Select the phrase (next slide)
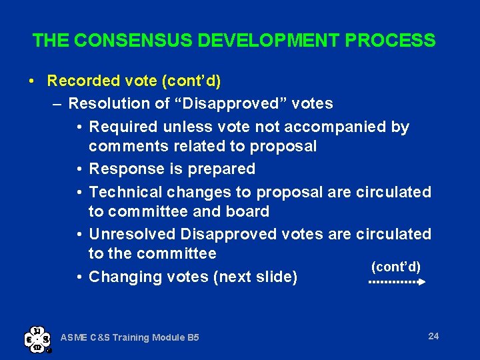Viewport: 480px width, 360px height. [255, 277]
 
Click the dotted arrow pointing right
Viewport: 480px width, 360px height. [397, 282]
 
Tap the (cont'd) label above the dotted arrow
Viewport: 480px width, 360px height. [395, 267]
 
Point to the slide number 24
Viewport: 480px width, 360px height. [433, 336]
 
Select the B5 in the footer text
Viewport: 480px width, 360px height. [192, 338]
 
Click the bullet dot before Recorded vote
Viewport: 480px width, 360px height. [33, 82]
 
